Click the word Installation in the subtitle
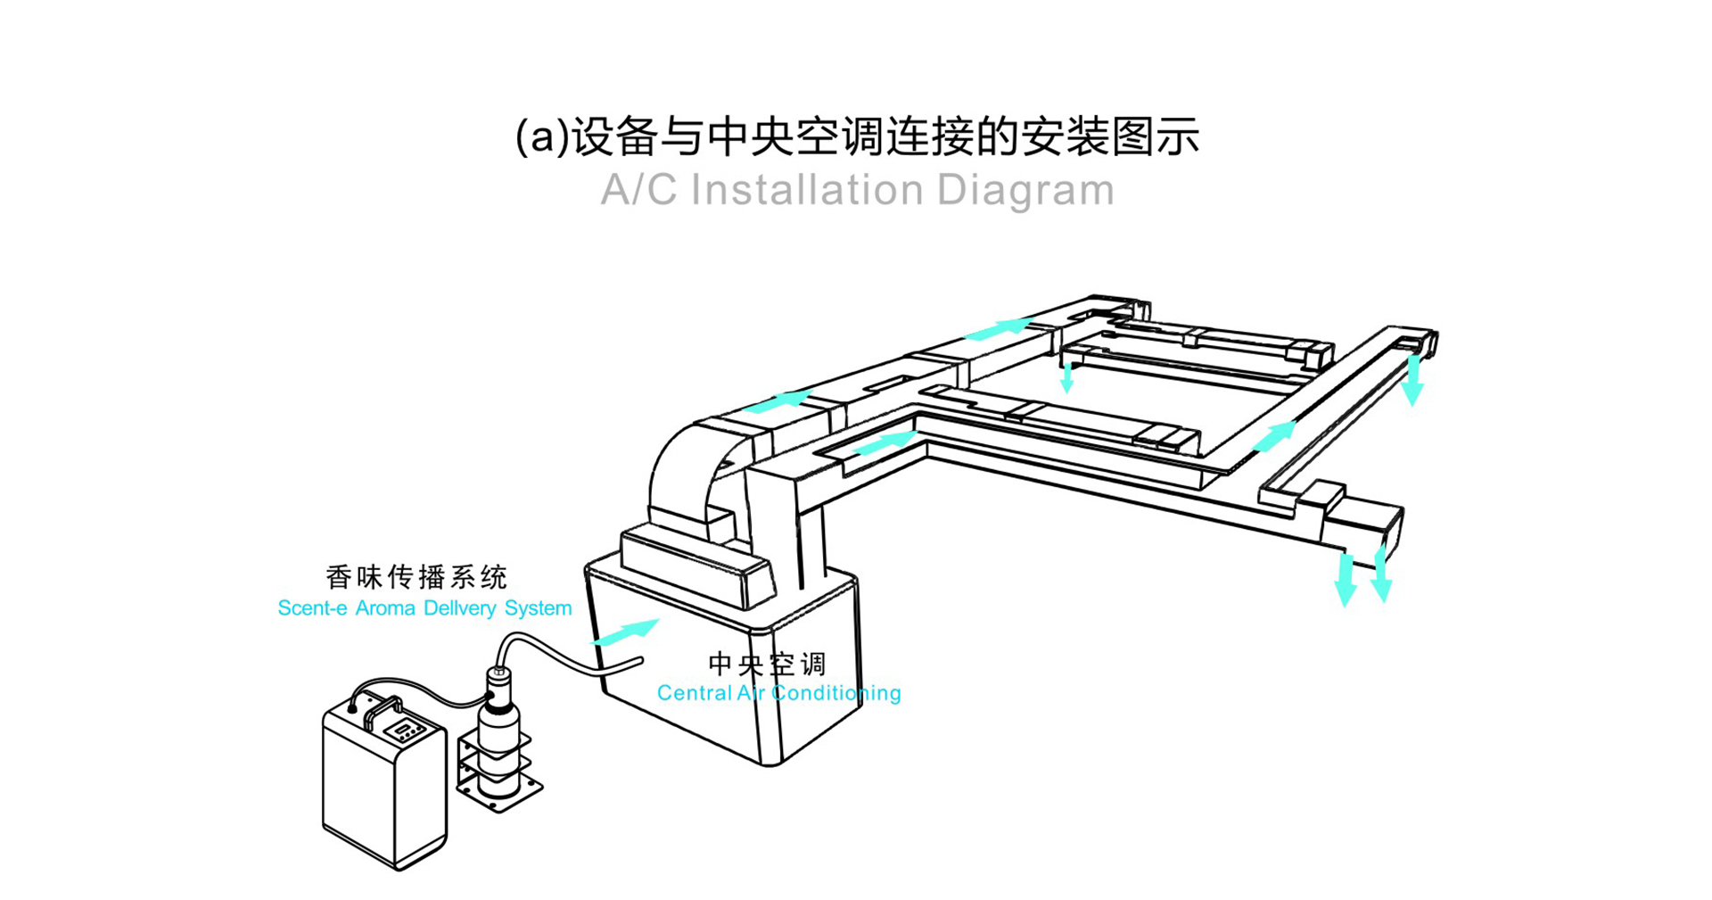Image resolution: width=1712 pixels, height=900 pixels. tap(806, 190)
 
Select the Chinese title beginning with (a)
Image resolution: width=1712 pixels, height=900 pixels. tap(857, 136)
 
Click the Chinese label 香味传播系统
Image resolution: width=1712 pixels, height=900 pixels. tap(416, 577)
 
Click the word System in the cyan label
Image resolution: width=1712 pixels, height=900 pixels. tap(538, 608)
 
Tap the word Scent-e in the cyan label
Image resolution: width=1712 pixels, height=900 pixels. tap(312, 608)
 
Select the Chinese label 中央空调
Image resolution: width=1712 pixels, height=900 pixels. tap(767, 664)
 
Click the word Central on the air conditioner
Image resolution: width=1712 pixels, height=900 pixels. tap(693, 693)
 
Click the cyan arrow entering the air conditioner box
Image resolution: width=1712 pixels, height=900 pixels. tap(626, 631)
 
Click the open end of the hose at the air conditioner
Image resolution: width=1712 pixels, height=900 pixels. tap(638, 662)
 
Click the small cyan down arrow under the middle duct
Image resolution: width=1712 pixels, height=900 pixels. tap(1066, 378)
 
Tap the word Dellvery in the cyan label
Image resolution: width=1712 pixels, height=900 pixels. tap(460, 608)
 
